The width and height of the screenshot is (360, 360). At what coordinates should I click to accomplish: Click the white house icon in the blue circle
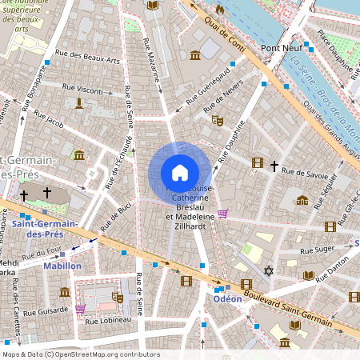(x=179, y=173)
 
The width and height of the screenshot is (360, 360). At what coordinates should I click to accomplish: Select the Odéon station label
(x=226, y=298)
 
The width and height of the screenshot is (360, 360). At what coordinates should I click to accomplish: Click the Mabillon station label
(x=62, y=265)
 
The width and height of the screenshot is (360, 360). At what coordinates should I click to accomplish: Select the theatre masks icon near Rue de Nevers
(x=216, y=120)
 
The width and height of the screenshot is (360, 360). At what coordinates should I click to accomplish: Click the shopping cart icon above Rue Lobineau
(x=80, y=308)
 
